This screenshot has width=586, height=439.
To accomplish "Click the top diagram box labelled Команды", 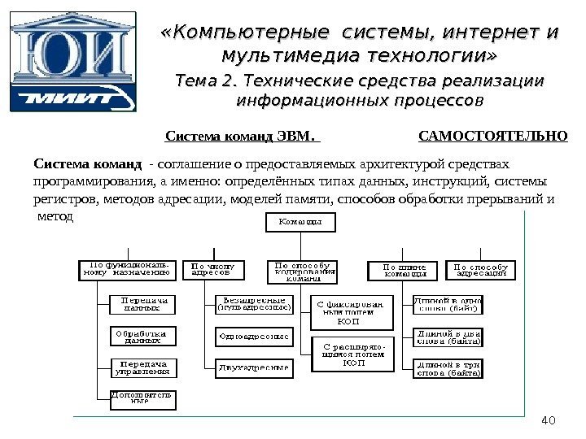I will click(x=300, y=221).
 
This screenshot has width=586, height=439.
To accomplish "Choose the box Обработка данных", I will click(x=142, y=337).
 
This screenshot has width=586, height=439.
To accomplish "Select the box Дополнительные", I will click(x=142, y=399).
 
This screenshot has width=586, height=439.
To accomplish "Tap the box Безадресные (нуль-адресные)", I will click(x=253, y=304).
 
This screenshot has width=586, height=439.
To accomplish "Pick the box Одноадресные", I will click(x=253, y=335).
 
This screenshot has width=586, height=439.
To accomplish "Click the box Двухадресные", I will click(x=253, y=367).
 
